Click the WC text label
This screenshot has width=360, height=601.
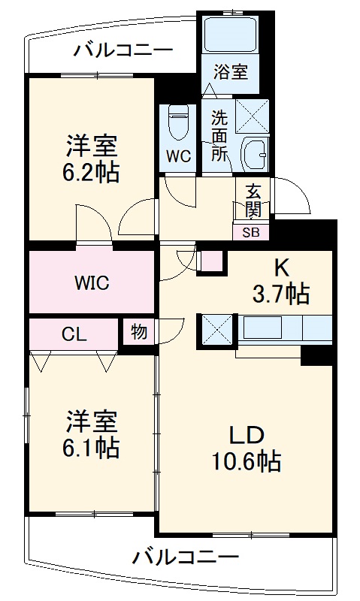[x=178, y=156]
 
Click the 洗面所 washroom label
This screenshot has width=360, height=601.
[x=219, y=135]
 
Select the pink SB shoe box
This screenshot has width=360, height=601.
[x=250, y=232]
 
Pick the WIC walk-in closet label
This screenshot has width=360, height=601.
[x=92, y=283]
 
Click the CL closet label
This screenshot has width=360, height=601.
[x=74, y=334]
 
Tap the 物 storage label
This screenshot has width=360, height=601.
[x=138, y=331]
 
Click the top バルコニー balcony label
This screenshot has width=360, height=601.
[x=123, y=51]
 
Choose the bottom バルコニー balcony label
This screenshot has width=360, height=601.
[x=186, y=557]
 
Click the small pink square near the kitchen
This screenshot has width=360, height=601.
[x=212, y=259]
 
